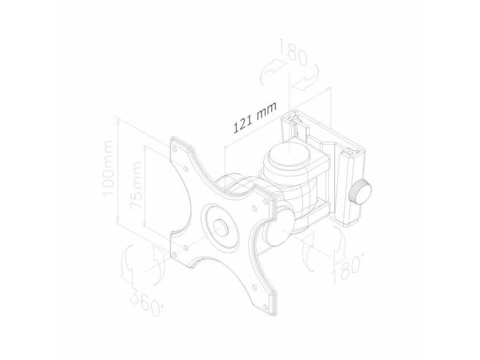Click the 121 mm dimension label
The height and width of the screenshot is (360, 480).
254,116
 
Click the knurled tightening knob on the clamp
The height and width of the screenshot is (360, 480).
360,191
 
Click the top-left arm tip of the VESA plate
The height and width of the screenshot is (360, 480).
178,143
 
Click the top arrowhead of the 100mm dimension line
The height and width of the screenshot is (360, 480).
120,119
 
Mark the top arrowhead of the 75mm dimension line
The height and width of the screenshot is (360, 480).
145,147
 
